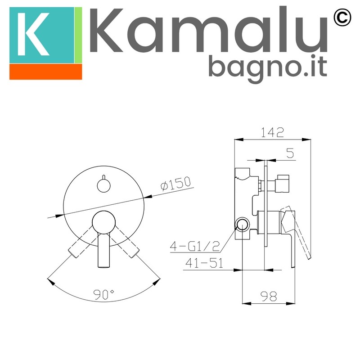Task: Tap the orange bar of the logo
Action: tap(46, 72)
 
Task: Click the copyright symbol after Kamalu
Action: tap(342, 17)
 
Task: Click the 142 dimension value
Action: tap(272, 132)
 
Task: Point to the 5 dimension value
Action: tap(290, 153)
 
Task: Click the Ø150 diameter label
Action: tap(176, 184)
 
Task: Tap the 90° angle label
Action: tap(103, 295)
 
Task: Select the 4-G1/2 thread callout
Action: tap(195, 246)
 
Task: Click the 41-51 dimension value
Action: tap(204, 263)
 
